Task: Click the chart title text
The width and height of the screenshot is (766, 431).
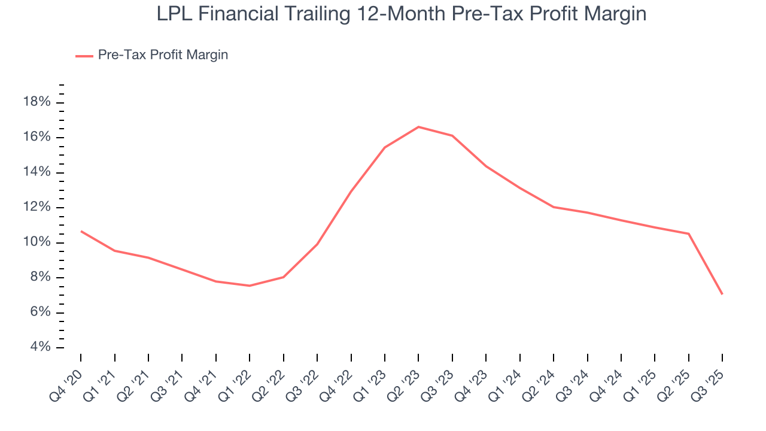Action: (x=402, y=13)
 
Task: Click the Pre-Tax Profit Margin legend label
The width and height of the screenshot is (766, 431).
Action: (x=163, y=55)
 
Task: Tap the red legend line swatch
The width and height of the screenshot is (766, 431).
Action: (x=84, y=56)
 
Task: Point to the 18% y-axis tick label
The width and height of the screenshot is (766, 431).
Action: (x=37, y=102)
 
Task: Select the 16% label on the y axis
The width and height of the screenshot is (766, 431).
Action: (x=37, y=137)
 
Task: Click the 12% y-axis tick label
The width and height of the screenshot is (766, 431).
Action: (x=37, y=207)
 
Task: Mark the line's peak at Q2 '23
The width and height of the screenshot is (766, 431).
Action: (x=418, y=127)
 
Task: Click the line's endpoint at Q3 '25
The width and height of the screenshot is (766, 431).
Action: (x=722, y=294)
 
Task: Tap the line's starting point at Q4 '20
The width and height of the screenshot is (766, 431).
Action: (x=81, y=231)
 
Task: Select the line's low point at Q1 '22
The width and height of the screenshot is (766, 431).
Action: (x=250, y=286)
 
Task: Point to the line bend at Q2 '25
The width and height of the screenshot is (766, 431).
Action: (x=689, y=233)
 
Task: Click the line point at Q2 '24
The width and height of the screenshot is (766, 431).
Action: (x=554, y=207)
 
